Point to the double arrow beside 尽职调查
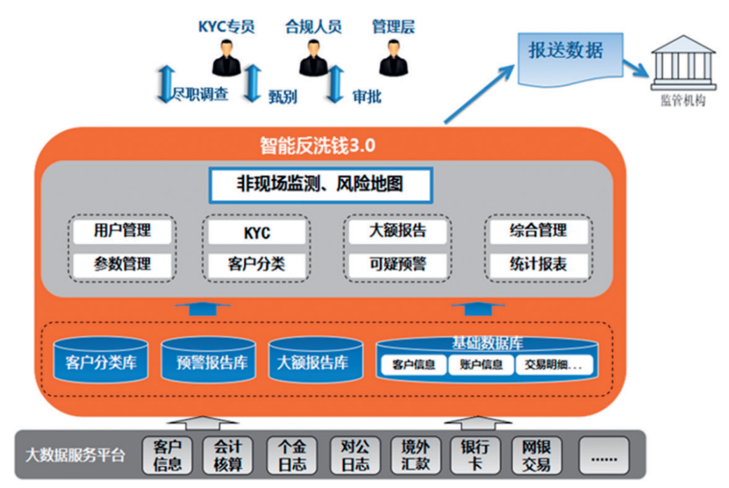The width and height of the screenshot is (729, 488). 164,83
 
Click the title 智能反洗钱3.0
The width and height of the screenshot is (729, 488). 318,146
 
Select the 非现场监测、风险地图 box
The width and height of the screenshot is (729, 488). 320,185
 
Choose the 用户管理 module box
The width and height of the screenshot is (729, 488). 122,230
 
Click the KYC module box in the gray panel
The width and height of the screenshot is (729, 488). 257,231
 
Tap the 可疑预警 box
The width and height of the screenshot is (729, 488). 397,264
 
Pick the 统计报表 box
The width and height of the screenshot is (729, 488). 538,264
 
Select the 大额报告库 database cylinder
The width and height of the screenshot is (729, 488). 313,362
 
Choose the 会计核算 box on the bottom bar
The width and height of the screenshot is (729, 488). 226,455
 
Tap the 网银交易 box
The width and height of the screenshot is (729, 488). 536,455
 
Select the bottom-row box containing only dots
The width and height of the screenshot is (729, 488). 604,456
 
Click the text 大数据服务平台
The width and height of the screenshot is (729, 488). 74,456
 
